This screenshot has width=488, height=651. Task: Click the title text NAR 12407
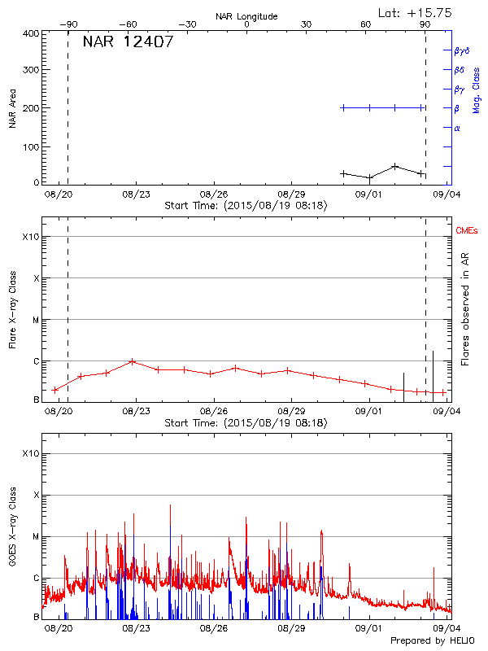[x=128, y=42]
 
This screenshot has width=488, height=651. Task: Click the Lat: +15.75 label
[x=416, y=12]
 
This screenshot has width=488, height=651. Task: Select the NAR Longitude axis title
[x=246, y=16]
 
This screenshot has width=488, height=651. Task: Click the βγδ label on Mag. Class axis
[x=461, y=50]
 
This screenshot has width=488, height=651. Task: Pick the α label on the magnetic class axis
[x=457, y=128]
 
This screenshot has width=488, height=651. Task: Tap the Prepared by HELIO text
[x=433, y=641]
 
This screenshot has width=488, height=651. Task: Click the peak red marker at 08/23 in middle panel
[x=132, y=361]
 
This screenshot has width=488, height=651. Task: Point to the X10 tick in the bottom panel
[x=30, y=453]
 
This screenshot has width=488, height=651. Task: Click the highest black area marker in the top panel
[x=394, y=166]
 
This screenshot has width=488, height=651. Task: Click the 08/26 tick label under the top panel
[x=213, y=194]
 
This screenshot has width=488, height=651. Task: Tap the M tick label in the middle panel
[x=35, y=320]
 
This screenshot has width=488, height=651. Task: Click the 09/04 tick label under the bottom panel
[x=447, y=628]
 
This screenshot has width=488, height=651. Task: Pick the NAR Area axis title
[x=13, y=109]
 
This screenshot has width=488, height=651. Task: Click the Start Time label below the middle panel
[x=246, y=423]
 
